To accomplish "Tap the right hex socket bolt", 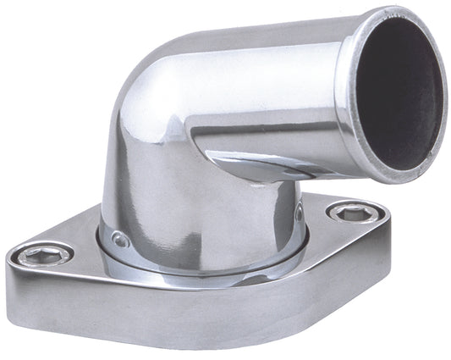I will (x=348, y=213).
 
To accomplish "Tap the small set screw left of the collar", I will (x=120, y=241).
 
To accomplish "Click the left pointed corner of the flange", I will (x=10, y=258).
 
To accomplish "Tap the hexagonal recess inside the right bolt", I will (x=348, y=213).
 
